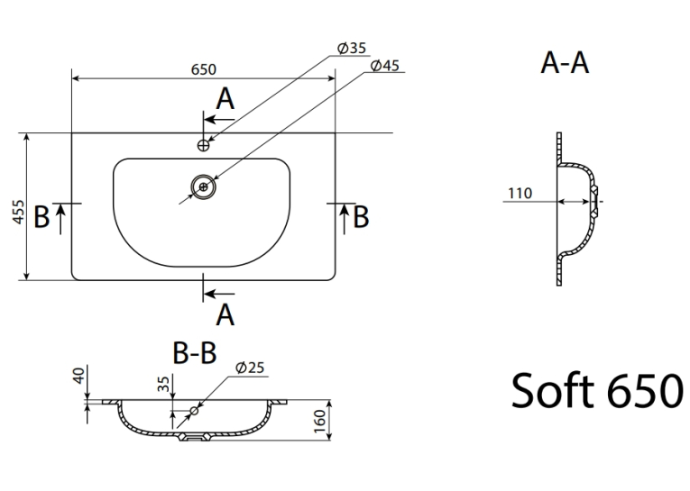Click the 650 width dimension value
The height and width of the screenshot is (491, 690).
pyautogui.click(x=204, y=69)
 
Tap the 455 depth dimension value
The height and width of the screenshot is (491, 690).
pyautogui.click(x=18, y=212)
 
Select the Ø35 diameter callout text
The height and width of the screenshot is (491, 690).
pyautogui.click(x=352, y=48)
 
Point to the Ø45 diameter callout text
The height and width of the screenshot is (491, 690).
pyautogui.click(x=385, y=66)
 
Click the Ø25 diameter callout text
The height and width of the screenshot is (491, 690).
pyautogui.click(x=250, y=368)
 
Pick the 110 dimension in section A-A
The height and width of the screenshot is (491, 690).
pyautogui.click(x=520, y=193)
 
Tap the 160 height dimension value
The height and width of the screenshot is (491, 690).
pyautogui.click(x=320, y=421)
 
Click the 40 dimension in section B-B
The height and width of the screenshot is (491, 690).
pyautogui.click(x=78, y=376)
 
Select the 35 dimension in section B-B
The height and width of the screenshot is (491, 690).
pyautogui.click(x=163, y=384)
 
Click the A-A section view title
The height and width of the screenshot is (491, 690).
pyautogui.click(x=565, y=62)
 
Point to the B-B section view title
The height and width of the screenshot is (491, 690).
pyautogui.click(x=195, y=352)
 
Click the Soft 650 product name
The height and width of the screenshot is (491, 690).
pyautogui.click(x=597, y=390)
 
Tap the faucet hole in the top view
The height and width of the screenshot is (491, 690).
pyautogui.click(x=203, y=145)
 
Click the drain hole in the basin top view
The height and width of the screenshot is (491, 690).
pyautogui.click(x=203, y=187)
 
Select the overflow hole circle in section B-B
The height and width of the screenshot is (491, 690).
pyautogui.click(x=194, y=411)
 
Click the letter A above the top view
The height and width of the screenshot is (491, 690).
pyautogui.click(x=225, y=99)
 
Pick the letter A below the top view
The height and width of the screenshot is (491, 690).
pyautogui.click(x=225, y=314)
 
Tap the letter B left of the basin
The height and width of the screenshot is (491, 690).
pyautogui.click(x=41, y=217)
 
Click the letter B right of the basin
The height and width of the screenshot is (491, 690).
pyautogui.click(x=361, y=217)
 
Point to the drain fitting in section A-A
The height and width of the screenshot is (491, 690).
pyautogui.click(x=594, y=202)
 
